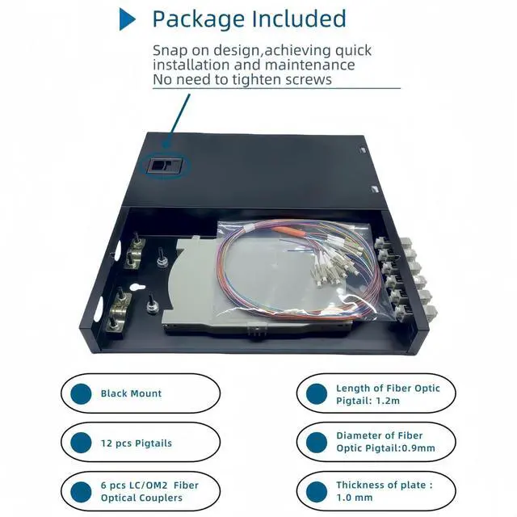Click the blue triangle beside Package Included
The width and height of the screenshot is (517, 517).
(x=127, y=19)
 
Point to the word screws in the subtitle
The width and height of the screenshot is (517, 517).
(x=306, y=80)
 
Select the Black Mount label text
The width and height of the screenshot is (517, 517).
(x=131, y=393)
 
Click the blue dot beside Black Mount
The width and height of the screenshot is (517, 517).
(x=82, y=393)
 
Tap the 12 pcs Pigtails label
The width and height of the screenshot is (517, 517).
(x=137, y=443)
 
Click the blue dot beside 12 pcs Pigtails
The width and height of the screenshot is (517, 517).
(x=82, y=443)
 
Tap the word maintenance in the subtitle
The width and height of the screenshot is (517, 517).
(x=307, y=65)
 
